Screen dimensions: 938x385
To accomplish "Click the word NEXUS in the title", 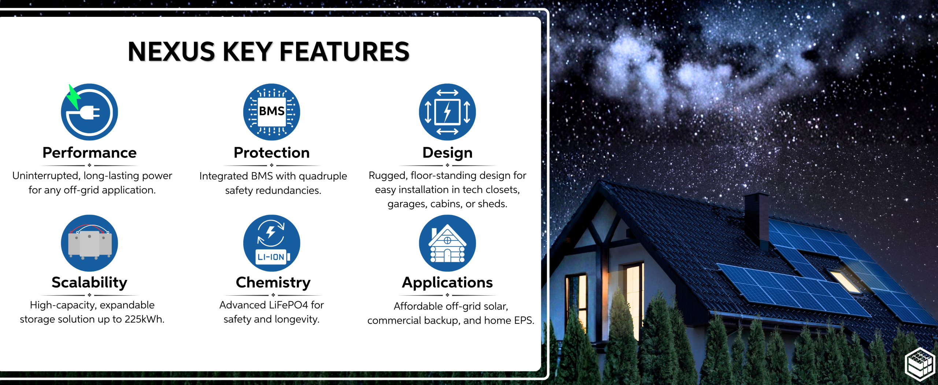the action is pyautogui.click(x=171, y=52).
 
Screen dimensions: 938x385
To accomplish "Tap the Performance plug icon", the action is pyautogui.click(x=89, y=112).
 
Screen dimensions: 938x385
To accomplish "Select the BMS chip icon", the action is pyautogui.click(x=272, y=112).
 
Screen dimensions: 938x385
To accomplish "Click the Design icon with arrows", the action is pyautogui.click(x=447, y=112).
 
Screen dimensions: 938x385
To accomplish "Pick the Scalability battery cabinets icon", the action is pyautogui.click(x=89, y=243).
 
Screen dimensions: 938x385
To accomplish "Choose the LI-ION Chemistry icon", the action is pyautogui.click(x=272, y=243).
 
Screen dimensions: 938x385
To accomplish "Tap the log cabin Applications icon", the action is pyautogui.click(x=447, y=243).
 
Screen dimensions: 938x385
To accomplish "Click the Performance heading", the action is pyautogui.click(x=89, y=152).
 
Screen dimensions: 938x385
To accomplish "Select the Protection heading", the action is pyautogui.click(x=272, y=152).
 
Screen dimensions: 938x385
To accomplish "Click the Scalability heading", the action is pyautogui.click(x=89, y=283).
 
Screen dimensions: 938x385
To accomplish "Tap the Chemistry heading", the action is pyautogui.click(x=273, y=283).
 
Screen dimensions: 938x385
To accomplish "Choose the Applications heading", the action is pyautogui.click(x=447, y=283).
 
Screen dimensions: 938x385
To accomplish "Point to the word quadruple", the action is pyautogui.click(x=323, y=177).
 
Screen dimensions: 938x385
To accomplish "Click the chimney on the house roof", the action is pyautogui.click(x=757, y=220).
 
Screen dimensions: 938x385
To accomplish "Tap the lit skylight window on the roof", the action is pyautogui.click(x=845, y=281).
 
